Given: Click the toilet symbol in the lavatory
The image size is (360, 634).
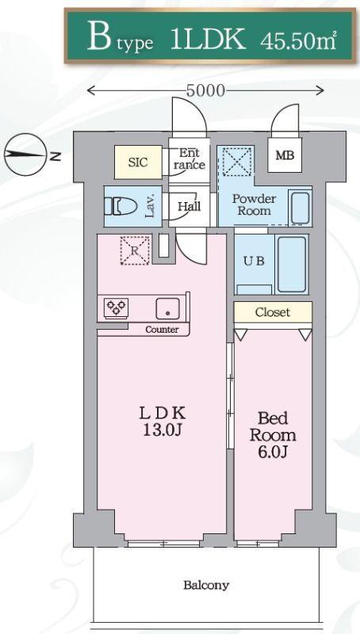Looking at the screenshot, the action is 117,206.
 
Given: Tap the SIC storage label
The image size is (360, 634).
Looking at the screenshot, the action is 138,162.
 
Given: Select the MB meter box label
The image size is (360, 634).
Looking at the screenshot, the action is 285,155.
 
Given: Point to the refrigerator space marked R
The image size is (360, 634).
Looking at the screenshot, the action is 135,250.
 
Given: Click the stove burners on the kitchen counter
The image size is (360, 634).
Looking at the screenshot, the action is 117,307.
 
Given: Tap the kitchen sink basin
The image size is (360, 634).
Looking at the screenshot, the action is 168,308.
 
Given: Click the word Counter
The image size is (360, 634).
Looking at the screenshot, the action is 162,330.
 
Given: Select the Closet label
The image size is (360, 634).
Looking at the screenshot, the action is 273,312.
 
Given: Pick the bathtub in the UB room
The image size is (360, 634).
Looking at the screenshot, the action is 292,265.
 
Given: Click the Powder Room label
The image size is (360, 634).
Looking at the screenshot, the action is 254,204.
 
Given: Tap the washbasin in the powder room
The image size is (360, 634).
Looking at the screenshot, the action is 301,208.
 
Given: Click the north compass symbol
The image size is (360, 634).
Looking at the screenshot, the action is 25,155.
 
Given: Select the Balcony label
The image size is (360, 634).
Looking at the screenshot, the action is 206,585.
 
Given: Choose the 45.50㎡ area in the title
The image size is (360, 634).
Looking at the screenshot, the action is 298,40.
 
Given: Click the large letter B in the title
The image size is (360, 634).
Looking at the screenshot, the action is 99,36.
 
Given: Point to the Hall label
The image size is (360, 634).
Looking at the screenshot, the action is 190,206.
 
